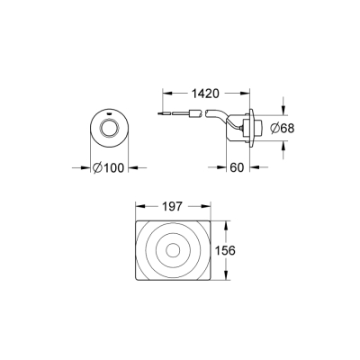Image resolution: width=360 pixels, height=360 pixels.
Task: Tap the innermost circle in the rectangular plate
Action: point(177,252)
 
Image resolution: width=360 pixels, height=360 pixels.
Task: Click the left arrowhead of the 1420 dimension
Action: point(165,93)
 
